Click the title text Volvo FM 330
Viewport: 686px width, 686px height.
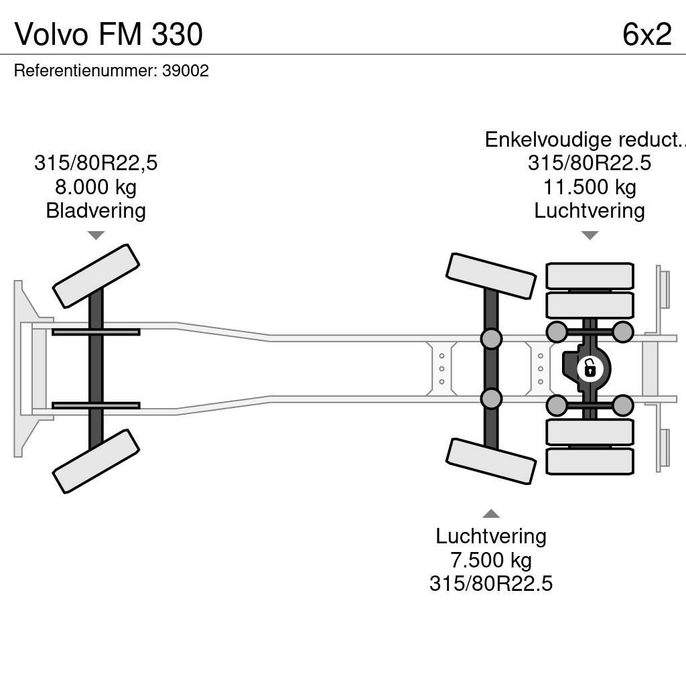click(109, 34)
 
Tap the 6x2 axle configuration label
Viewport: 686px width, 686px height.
click(646, 34)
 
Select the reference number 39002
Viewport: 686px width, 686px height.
click(186, 71)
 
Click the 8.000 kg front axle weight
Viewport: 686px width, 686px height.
click(96, 187)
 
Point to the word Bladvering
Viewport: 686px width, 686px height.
click(96, 211)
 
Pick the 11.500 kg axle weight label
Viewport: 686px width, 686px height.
click(590, 187)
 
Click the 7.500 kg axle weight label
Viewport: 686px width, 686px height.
click(491, 559)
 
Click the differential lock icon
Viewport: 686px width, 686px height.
click(590, 368)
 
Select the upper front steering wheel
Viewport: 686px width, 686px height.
click(96, 275)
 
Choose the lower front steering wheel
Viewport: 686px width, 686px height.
click(96, 461)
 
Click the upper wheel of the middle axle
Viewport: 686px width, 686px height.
click(491, 275)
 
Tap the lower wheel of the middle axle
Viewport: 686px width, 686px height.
click(491, 461)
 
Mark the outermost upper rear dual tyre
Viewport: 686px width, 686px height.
click(590, 276)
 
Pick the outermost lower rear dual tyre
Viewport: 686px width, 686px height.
click(590, 461)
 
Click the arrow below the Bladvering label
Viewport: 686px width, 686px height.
click(96, 235)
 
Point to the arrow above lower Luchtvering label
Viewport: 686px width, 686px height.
click(491, 514)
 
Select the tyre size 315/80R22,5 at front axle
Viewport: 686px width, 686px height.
click(96, 163)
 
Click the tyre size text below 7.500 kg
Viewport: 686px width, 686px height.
click(491, 583)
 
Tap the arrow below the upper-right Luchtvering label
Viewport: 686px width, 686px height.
click(590, 235)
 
